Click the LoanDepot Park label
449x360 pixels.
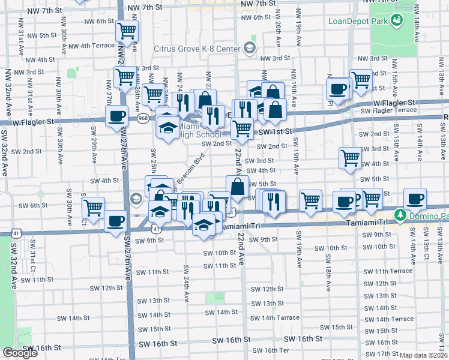[358, 22]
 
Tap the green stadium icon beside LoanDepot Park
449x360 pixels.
[397, 22]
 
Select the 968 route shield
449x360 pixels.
[143, 119]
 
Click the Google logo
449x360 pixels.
[20, 353]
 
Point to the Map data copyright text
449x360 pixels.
[423, 355]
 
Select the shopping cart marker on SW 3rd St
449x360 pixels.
[350, 158]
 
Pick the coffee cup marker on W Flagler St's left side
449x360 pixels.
[116, 116]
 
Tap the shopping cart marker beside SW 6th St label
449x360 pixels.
[93, 208]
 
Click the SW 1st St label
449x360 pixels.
[273, 131]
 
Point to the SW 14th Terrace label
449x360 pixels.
[275, 318]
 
